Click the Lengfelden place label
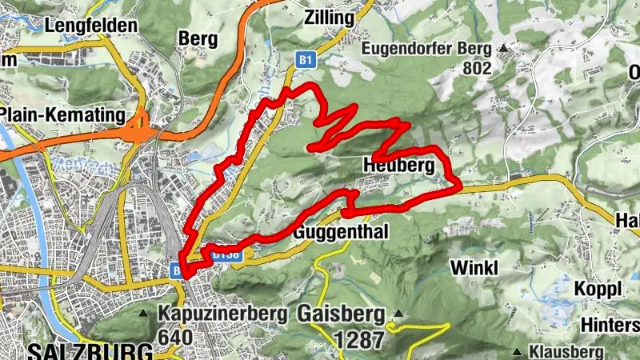tap(91, 26)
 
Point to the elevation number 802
tap(477, 68)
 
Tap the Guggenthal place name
tap(342, 233)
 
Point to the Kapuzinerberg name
tap(222, 314)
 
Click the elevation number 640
tap(175, 337)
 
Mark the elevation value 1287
tap(359, 339)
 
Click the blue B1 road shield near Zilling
tap(305, 59)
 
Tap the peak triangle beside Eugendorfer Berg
tap(504, 49)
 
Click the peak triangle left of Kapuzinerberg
tap(144, 313)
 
